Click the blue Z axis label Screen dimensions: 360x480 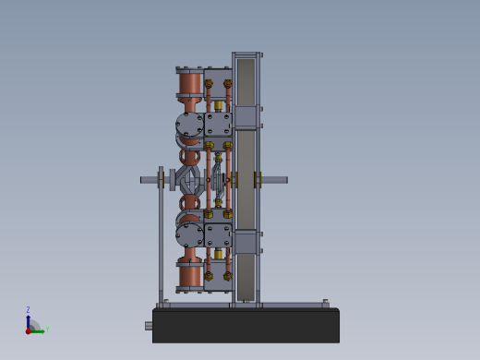coord(28,310)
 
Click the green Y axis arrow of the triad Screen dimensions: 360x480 coord(39,330)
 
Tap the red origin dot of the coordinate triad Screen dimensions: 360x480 coord(28,330)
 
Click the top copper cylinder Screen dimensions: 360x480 coord(190,83)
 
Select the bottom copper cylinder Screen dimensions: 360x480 coord(190,273)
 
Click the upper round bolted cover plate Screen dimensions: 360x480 coord(189,125)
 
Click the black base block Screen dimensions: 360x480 coord(246,326)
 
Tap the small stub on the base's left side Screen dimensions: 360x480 coord(149,326)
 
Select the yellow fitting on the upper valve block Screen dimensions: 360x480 coord(219,105)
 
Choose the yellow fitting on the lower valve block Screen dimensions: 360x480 coord(219,254)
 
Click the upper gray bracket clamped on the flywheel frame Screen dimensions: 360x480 coord(246,117)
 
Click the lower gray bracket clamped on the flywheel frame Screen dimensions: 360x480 coord(246,242)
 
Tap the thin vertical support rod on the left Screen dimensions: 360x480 coord(161,240)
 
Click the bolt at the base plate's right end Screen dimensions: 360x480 coord(325,303)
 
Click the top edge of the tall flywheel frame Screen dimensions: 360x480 coord(246,54)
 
